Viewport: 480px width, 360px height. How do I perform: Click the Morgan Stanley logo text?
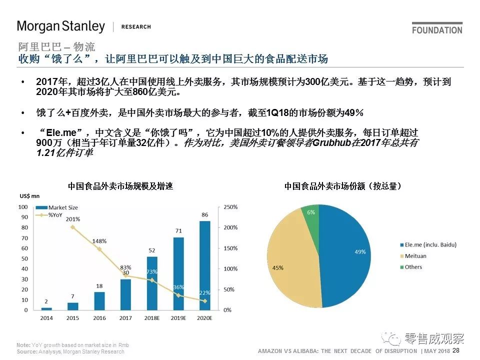[61, 26]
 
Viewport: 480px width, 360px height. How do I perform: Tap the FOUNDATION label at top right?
[437, 30]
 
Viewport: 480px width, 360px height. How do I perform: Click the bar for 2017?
[126, 294]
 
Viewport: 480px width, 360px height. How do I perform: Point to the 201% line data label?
[72, 219]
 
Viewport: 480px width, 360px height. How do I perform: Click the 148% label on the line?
[99, 241]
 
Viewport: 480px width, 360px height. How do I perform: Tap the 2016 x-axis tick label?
[99, 318]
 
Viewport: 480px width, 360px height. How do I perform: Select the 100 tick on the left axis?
[23, 207]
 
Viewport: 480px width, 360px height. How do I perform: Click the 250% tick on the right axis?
[230, 207]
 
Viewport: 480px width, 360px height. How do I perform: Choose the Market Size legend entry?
[62, 207]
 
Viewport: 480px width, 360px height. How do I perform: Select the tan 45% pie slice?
[290, 265]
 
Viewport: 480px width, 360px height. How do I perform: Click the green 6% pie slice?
[311, 213]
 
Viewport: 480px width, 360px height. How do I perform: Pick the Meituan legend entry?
[415, 256]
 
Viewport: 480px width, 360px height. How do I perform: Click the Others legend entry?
[413, 267]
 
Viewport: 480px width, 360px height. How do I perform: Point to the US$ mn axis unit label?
[29, 196]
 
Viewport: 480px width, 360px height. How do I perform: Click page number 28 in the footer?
[456, 351]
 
